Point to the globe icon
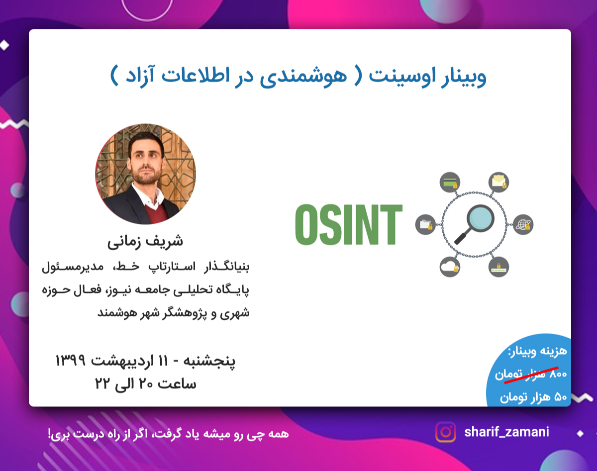pos(523,224)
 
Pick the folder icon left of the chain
pos(426,224)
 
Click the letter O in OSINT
pos(308,224)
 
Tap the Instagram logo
pos(446,432)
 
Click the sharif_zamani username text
pos(506,432)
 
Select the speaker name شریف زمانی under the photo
pos(145,241)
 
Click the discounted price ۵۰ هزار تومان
pos(533,397)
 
